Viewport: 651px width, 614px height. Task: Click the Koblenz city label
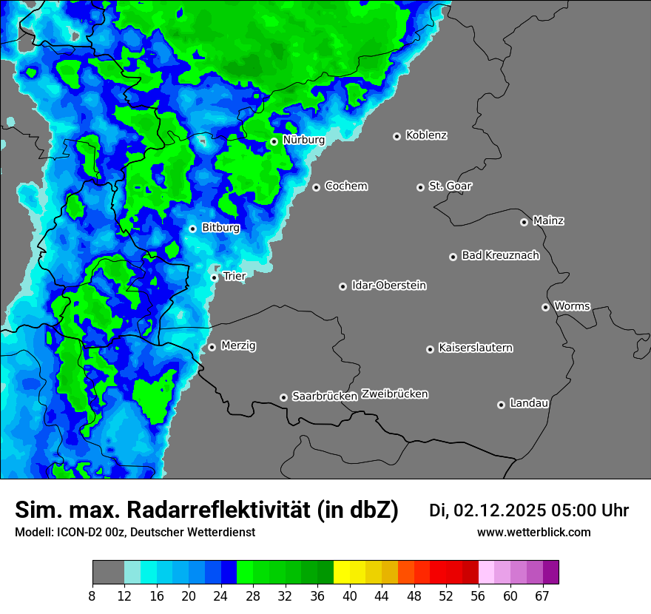click(x=427, y=135)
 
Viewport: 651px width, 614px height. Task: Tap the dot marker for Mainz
click(x=524, y=222)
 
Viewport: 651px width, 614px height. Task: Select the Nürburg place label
click(x=303, y=140)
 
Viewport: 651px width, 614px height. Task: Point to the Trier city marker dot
click(x=215, y=277)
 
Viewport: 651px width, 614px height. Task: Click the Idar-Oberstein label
click(x=388, y=286)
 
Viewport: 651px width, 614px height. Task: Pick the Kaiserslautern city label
click(x=475, y=348)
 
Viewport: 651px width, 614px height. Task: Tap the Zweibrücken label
click(x=394, y=394)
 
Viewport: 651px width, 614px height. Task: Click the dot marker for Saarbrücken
click(x=283, y=397)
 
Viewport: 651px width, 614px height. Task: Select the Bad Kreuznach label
click(x=500, y=255)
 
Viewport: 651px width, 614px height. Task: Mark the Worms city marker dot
click(x=545, y=307)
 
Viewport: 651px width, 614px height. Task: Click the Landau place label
click(x=529, y=403)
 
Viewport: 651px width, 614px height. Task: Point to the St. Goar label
click(x=450, y=186)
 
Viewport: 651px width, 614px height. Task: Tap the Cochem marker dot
click(x=316, y=187)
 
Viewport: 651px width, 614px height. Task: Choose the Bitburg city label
click(x=220, y=228)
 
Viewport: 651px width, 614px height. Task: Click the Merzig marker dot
click(x=212, y=347)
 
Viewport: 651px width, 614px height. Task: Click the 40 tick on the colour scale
click(x=350, y=596)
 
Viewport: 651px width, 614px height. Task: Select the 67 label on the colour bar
click(x=542, y=596)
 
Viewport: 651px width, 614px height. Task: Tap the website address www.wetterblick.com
click(x=533, y=533)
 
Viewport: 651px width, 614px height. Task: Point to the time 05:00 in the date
click(x=567, y=510)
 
